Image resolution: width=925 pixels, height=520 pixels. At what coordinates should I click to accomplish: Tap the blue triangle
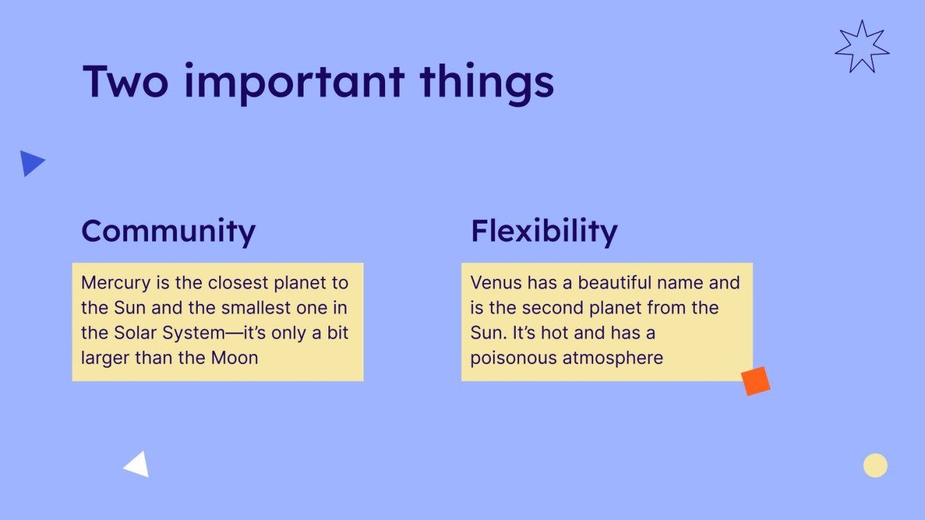pos(30,163)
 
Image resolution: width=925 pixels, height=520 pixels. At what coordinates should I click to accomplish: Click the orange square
pos(756,381)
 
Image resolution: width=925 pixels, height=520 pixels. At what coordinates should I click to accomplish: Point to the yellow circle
pos(875,465)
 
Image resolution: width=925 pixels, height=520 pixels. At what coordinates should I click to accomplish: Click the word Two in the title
pos(126,81)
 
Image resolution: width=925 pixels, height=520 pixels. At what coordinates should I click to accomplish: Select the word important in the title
pos(294,84)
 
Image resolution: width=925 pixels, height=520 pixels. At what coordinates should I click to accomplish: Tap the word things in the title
pos(487,84)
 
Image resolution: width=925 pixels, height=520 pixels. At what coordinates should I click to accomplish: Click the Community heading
pos(169,231)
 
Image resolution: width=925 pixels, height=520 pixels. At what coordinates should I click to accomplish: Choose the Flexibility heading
pos(544,231)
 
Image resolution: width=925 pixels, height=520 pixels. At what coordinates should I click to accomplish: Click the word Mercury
pos(116,284)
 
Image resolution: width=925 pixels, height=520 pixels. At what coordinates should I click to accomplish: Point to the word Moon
pos(234,358)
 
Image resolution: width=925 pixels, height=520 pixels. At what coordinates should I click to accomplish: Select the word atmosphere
pos(613,358)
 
